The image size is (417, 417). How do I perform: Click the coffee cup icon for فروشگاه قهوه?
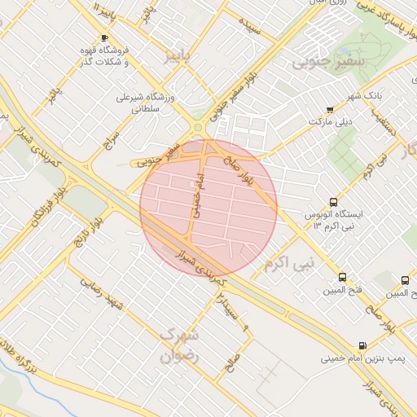pyautogui.click(x=103, y=38)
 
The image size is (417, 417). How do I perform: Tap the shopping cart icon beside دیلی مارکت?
pyautogui.click(x=329, y=110)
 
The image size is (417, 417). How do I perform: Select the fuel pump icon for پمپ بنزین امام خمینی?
pyautogui.click(x=362, y=345)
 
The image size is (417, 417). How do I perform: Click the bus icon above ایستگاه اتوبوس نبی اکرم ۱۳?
pyautogui.click(x=332, y=202)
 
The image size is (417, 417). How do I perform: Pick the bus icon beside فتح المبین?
pyautogui.click(x=342, y=278)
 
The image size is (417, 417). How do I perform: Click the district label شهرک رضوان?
pyautogui.click(x=174, y=345)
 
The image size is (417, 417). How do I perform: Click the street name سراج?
pyautogui.click(x=111, y=140)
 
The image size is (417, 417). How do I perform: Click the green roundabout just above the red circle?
pyautogui.click(x=197, y=126)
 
